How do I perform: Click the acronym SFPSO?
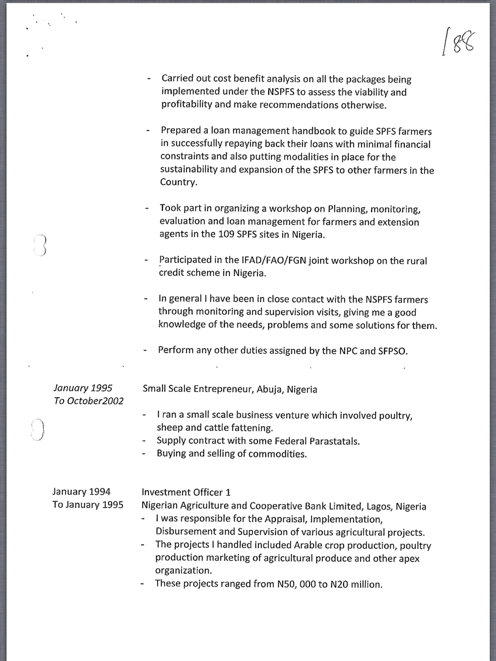click(x=392, y=351)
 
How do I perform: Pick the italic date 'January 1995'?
click(x=83, y=388)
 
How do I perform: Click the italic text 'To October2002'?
click(x=88, y=401)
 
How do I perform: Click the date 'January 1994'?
click(x=81, y=492)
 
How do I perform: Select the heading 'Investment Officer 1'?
click(x=186, y=493)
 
